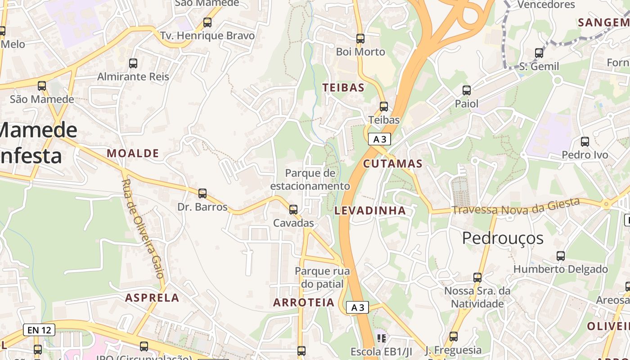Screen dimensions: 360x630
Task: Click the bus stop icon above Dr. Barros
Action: (202, 193)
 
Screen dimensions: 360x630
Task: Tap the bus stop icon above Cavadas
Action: (293, 209)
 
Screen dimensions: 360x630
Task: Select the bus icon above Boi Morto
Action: (360, 39)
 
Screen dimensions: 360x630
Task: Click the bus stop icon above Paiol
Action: (467, 90)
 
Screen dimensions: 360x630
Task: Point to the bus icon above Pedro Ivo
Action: (585, 142)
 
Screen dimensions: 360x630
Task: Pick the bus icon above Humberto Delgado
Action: (561, 256)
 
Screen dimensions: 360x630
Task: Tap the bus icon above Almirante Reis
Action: (133, 63)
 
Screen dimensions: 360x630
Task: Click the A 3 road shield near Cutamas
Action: (379, 139)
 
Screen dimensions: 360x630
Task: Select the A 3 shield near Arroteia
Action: (358, 307)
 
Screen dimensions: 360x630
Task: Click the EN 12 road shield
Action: (39, 330)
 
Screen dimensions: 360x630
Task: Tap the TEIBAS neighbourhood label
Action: (343, 88)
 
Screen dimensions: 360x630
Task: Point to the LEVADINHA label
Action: (370, 211)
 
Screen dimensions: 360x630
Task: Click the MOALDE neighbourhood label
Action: (133, 153)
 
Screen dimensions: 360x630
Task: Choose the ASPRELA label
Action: (152, 298)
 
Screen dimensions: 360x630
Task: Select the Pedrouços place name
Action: (503, 238)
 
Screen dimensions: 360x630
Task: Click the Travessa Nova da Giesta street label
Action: (516, 207)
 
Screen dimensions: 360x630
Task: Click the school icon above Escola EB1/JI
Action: (382, 337)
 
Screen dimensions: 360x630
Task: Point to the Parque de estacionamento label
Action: (310, 180)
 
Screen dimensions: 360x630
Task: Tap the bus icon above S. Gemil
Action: (539, 54)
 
